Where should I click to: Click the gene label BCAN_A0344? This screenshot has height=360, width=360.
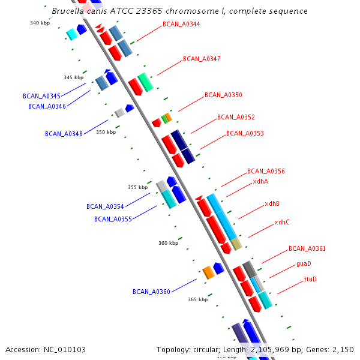[181, 25]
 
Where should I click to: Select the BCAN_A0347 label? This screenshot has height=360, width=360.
[202, 59]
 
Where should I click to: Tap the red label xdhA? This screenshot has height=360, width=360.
[260, 181]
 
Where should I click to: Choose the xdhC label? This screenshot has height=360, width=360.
[282, 223]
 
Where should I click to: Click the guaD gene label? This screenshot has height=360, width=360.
[304, 264]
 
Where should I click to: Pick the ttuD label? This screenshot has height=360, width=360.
[310, 280]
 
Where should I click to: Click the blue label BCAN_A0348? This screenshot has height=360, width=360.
[64, 134]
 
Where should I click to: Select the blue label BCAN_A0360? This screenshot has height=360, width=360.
[151, 292]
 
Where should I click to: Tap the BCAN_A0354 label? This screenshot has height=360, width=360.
[105, 206]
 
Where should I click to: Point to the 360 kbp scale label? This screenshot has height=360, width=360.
[168, 244]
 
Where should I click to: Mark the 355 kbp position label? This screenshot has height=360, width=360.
[137, 188]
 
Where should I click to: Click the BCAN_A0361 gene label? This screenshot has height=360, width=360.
[307, 248]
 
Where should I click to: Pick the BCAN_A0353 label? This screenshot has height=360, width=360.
[245, 134]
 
